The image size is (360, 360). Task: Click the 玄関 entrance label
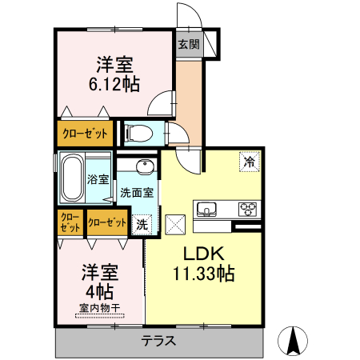190,46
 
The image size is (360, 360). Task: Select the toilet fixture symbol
139,133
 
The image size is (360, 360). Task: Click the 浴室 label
99,180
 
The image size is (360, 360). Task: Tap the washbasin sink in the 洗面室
144,167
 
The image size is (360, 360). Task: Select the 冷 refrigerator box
249,162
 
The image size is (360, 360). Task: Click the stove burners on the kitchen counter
248,210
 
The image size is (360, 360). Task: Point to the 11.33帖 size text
203,274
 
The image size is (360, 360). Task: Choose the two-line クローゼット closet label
70,222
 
